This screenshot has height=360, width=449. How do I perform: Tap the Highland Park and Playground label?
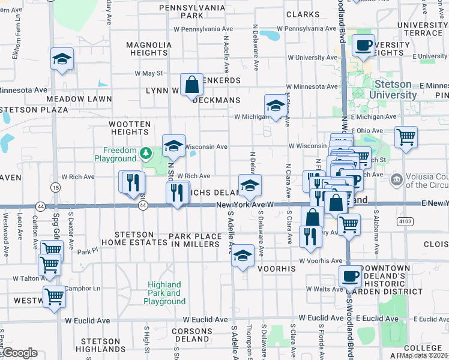coord(164,293)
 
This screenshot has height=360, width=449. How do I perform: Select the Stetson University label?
coord(393,90)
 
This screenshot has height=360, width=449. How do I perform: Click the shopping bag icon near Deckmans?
coord(191,85)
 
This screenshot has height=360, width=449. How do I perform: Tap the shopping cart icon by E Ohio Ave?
coord(406,137)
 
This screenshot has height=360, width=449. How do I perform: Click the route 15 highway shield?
coord(55,188)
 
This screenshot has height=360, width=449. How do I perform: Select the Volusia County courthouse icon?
coord(396,179)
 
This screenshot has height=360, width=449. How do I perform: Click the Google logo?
coord(19,353)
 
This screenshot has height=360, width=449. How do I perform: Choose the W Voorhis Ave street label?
coord(324,261)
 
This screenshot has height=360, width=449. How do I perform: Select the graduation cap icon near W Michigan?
coord(276,106)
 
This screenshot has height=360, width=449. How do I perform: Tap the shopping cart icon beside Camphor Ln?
coord(55,296)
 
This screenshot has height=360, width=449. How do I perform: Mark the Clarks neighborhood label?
coord(303,14)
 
